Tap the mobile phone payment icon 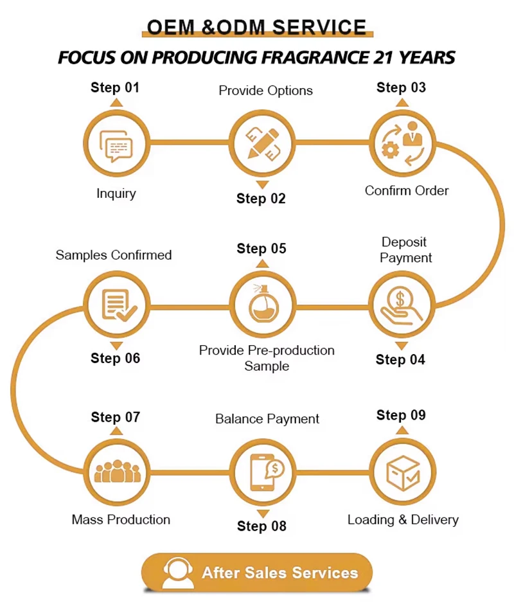pyautogui.click(x=263, y=473)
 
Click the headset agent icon pyautogui.click(x=177, y=572)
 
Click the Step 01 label pyautogui.click(x=115, y=87)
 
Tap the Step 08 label pyautogui.click(x=261, y=526)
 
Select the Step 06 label pyautogui.click(x=115, y=359)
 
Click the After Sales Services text pyautogui.click(x=279, y=573)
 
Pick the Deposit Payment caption pyautogui.click(x=405, y=250)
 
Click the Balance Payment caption pyautogui.click(x=267, y=419)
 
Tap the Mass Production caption pyautogui.click(x=121, y=519)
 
